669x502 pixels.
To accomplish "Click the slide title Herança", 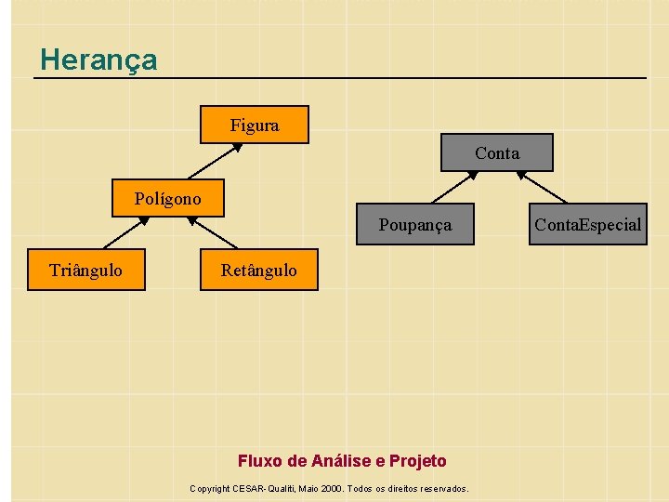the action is [98, 60].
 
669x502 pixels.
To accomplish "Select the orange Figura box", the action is [255, 125].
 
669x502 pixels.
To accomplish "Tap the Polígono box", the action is [167, 198].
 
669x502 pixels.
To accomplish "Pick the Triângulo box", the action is [85, 271].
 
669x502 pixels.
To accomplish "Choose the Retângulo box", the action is [258, 271].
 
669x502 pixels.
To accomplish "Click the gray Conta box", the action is [497, 152].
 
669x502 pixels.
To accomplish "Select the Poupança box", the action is [414, 224].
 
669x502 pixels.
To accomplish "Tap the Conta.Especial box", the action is [587, 224].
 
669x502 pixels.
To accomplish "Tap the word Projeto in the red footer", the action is [417, 461].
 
